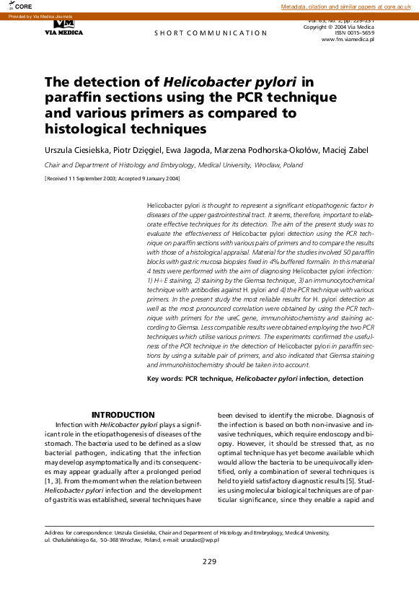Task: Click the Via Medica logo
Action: [x=63, y=27]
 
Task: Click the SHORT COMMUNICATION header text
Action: [x=211, y=33]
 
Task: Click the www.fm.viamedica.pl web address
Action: [x=348, y=39]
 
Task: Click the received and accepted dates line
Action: [x=113, y=177]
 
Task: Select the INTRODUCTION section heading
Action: [x=123, y=415]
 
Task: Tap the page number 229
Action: [x=209, y=561]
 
